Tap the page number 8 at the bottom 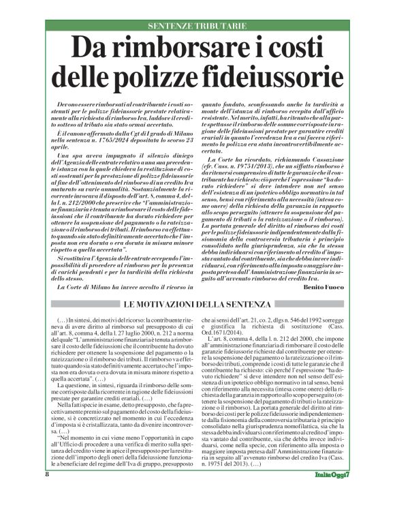47,493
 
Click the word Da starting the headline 92,49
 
